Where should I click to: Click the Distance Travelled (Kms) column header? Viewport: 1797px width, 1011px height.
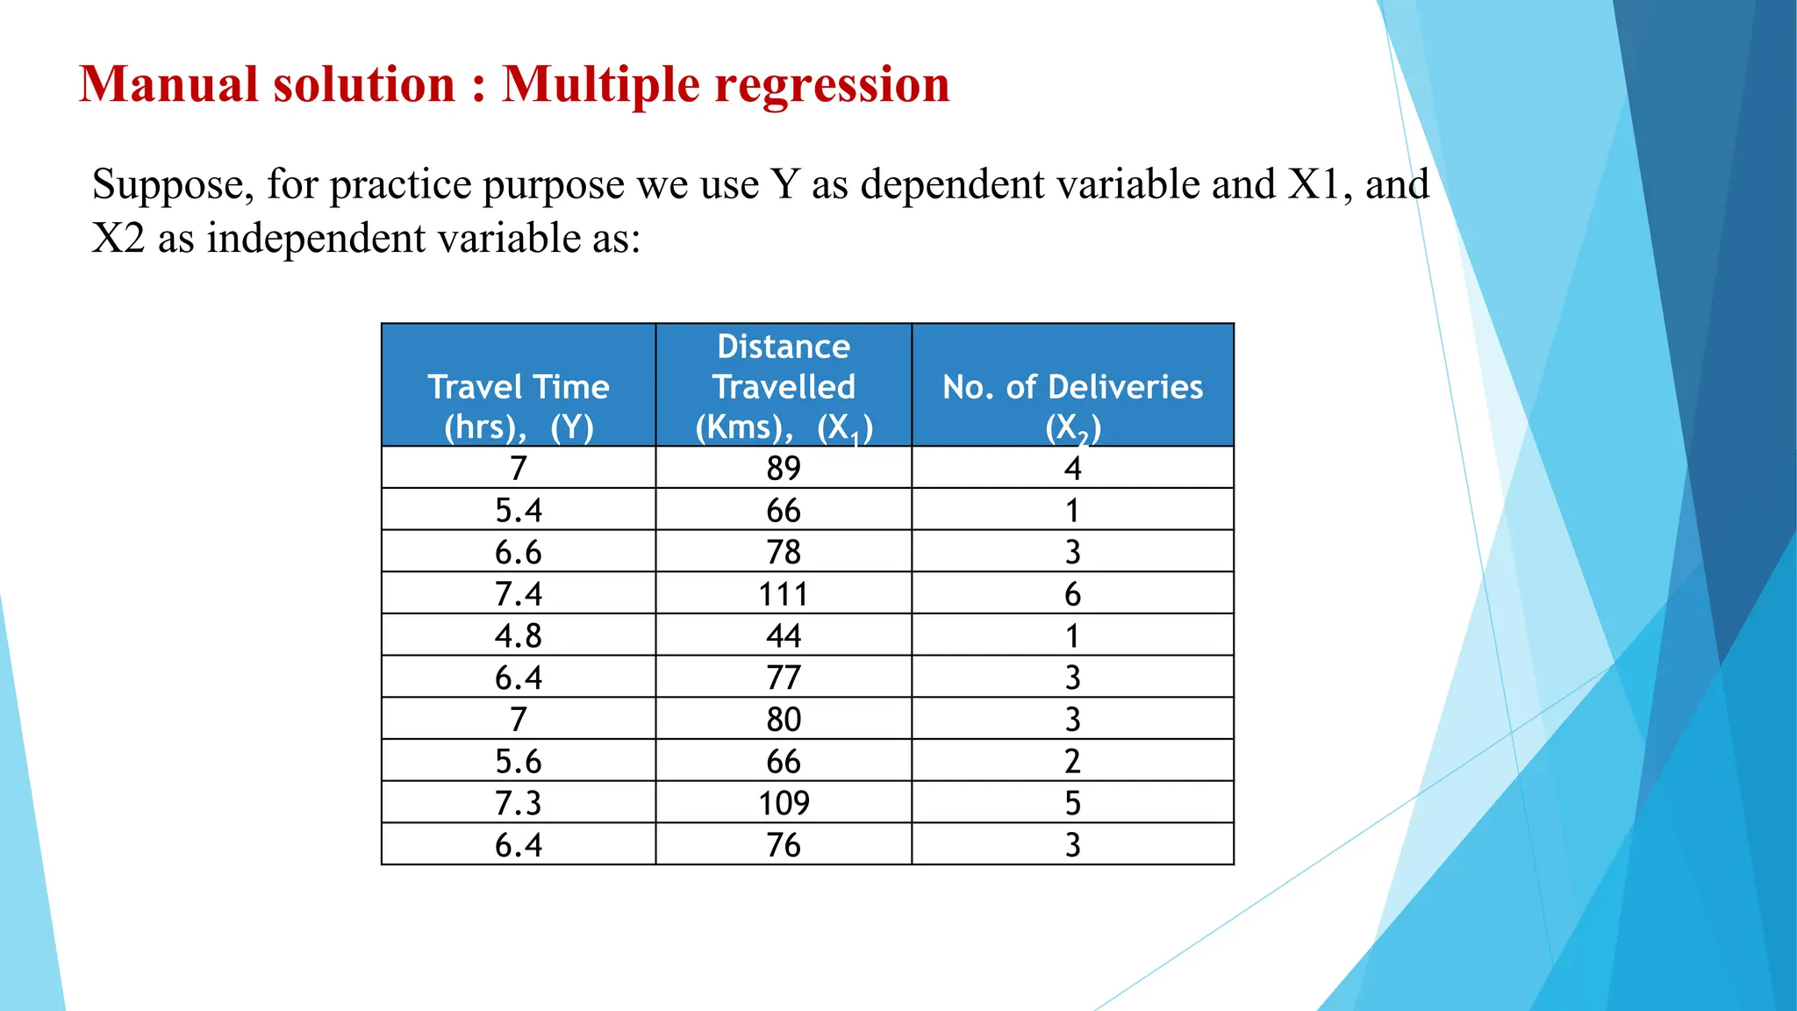pyautogui.click(x=784, y=386)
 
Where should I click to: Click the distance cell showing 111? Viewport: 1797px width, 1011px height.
pyautogui.click(x=784, y=594)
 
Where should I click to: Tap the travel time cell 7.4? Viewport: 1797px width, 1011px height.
pyautogui.click(x=519, y=594)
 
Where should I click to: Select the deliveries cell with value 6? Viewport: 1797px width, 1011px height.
pyautogui.click(x=1072, y=594)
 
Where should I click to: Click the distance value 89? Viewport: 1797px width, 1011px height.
pyautogui.click(x=784, y=469)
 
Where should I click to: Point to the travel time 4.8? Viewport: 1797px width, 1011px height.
pyautogui.click(x=519, y=635)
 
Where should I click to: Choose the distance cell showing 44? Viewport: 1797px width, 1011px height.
pyautogui.click(x=784, y=635)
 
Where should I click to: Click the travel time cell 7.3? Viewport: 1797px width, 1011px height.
pyautogui.click(x=519, y=803)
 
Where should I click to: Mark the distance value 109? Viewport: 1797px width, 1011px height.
pyautogui.click(x=784, y=803)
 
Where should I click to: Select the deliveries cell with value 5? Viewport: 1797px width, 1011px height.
pyautogui.click(x=1072, y=803)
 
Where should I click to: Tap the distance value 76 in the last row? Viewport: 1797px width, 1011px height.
pyautogui.click(x=784, y=845)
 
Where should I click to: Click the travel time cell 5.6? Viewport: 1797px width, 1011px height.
pyautogui.click(x=519, y=761)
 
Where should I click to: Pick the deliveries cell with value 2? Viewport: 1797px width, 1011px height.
pyautogui.click(x=1072, y=761)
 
